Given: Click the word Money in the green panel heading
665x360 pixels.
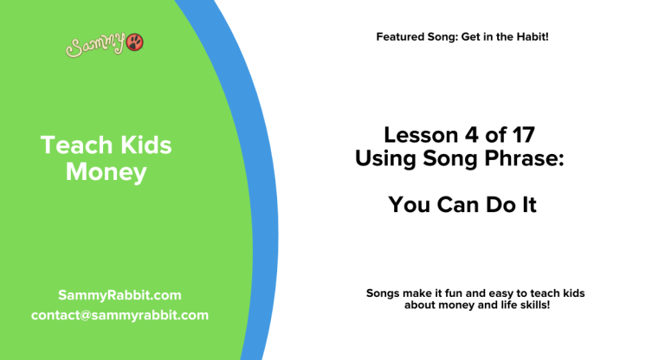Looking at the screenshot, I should pos(107,172).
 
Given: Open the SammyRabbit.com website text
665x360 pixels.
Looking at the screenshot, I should pos(119,295).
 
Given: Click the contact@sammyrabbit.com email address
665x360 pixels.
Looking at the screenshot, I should pos(119,315).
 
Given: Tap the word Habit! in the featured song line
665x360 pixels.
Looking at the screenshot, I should pos(530,36).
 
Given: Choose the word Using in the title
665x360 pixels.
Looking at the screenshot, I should pos(384,158).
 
